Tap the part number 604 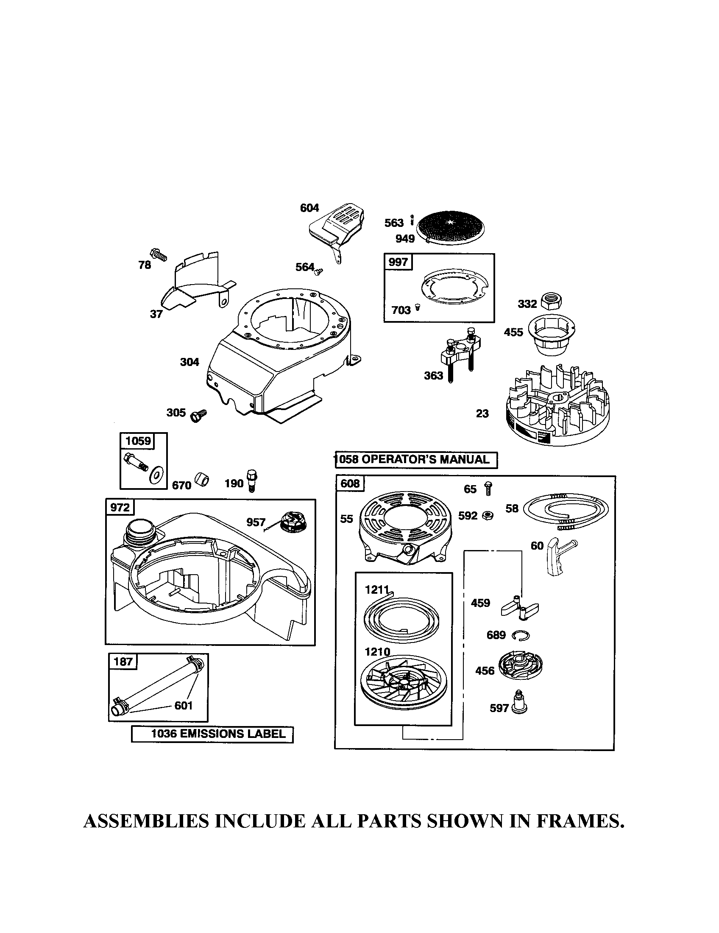(x=309, y=208)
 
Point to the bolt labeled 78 (x=159, y=255)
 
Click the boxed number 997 (x=398, y=262)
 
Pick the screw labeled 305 (x=198, y=414)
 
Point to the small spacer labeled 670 (x=201, y=480)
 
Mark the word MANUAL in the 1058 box (x=465, y=460)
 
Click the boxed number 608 (x=350, y=483)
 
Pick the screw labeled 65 (x=488, y=488)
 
